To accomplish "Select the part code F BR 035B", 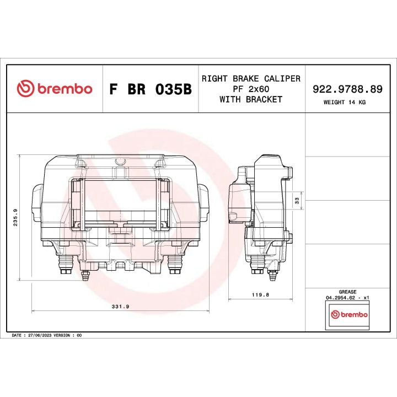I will coord(150,89).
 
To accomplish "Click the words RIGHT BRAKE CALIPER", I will coord(251,78).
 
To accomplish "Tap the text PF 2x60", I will coord(251,89).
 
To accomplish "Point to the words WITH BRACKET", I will coord(251,99).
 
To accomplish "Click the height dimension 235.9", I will coord(16,217).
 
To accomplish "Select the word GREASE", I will coord(347,292).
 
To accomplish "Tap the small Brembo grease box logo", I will coord(348,314).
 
